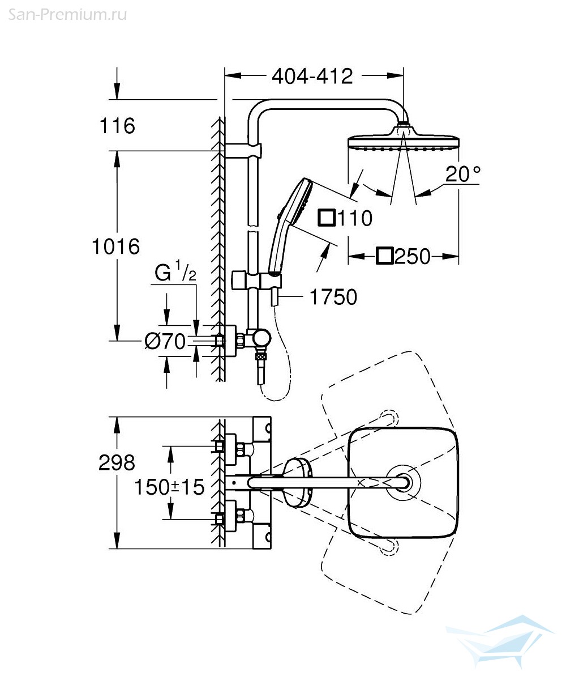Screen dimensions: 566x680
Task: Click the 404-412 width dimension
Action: coord(312,76)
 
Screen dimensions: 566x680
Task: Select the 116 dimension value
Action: coord(117,126)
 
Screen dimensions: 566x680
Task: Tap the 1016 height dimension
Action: coord(116,246)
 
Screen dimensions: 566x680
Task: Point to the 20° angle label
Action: coord(463,174)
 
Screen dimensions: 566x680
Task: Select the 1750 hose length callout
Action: coord(333,297)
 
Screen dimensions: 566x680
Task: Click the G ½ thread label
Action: coord(175,271)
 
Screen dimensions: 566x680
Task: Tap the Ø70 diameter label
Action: coord(165,341)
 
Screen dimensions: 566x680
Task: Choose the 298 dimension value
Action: coord(117,462)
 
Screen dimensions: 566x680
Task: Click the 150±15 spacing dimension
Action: coord(169,487)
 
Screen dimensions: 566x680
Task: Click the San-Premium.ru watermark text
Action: coord(67,15)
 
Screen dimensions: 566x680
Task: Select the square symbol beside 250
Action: coord(385,256)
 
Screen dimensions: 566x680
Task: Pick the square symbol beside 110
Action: coord(327,218)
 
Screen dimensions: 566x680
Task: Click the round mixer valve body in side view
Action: coord(261,338)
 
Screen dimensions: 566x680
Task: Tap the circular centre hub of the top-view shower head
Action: coord(404,483)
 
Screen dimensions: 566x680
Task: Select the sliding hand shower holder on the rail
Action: coord(256,280)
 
